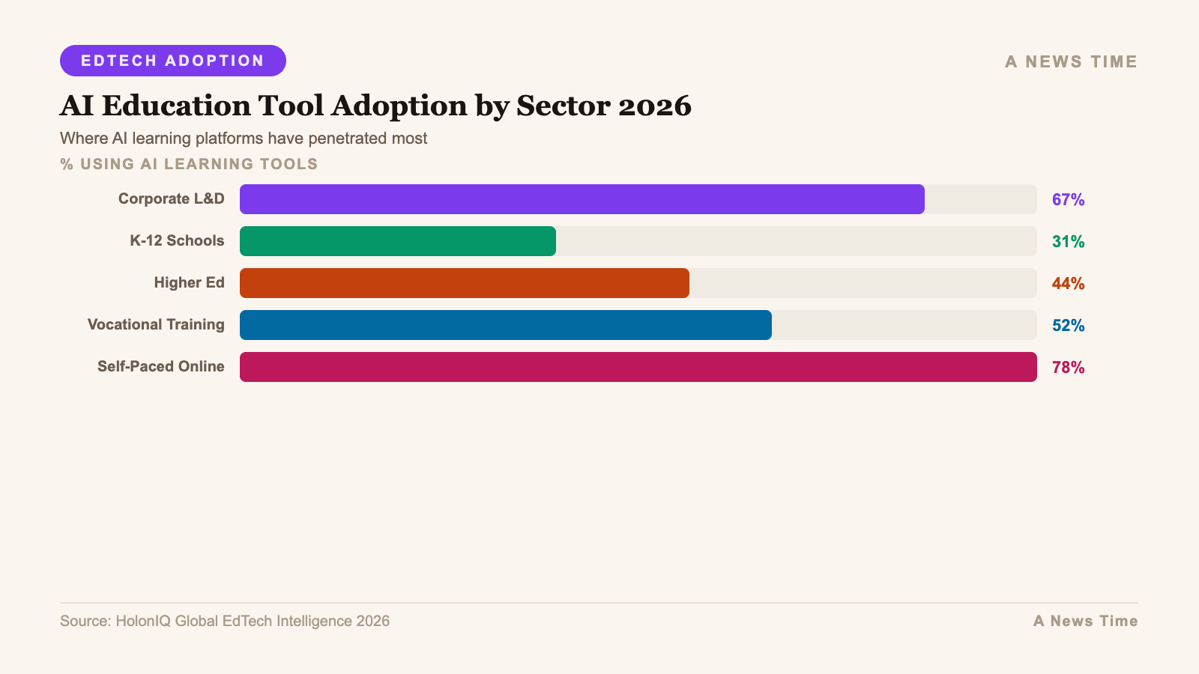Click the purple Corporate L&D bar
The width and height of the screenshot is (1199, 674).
pyautogui.click(x=582, y=199)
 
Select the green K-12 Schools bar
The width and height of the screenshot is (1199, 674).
pyautogui.click(x=397, y=241)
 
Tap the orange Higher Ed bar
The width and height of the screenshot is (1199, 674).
pyautogui.click(x=464, y=283)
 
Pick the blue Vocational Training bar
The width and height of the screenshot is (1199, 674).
pyautogui.click(x=505, y=325)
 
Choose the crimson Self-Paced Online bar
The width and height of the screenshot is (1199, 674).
pyautogui.click(x=638, y=367)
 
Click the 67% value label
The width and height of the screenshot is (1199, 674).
pyautogui.click(x=1068, y=199)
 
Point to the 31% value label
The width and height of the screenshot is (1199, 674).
pyautogui.click(x=1068, y=241)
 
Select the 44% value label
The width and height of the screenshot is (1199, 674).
pyautogui.click(x=1068, y=283)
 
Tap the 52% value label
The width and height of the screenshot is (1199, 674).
pyautogui.click(x=1068, y=325)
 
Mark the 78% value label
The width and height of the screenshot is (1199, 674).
pyautogui.click(x=1068, y=367)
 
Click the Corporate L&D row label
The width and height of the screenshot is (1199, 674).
pyautogui.click(x=171, y=198)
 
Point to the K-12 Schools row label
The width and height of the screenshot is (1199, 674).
pyautogui.click(x=177, y=240)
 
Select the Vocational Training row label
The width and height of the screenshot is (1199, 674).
pyautogui.click(x=156, y=324)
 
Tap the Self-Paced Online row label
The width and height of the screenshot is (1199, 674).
pyautogui.click(x=160, y=366)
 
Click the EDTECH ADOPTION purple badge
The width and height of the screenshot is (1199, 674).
pyautogui.click(x=172, y=61)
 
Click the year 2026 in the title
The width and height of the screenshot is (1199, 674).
pyautogui.click(x=654, y=106)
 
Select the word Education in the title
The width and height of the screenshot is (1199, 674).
pyautogui.click(x=176, y=106)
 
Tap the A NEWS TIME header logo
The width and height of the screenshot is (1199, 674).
pyautogui.click(x=1071, y=61)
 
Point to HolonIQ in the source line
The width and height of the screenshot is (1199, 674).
pyautogui.click(x=142, y=621)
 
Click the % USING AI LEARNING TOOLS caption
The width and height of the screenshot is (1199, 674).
pyautogui.click(x=189, y=164)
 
